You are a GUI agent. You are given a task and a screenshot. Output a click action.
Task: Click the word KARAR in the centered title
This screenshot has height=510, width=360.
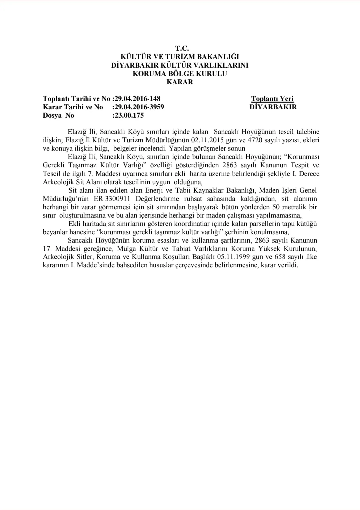click(180, 82)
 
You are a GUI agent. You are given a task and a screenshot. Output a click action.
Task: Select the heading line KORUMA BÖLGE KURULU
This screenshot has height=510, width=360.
click(180, 74)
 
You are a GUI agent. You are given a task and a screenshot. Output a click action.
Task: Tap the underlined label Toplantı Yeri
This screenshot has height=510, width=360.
click(272, 99)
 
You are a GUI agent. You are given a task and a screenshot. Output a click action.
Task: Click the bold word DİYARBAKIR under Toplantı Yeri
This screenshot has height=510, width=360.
click(273, 107)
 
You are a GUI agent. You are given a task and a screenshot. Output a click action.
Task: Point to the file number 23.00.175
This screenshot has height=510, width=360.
click(128, 116)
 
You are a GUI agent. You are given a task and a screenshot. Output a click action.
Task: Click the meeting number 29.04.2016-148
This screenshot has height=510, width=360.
click(136, 99)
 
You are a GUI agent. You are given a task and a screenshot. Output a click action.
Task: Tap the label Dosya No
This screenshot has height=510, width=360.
click(58, 116)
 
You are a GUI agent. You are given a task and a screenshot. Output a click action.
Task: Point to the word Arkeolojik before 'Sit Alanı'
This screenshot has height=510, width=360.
click(59, 182)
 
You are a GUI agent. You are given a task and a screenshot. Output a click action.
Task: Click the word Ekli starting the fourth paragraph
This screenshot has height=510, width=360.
click(75, 224)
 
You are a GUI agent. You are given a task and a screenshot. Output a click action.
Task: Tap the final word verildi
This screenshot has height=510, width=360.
click(288, 265)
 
